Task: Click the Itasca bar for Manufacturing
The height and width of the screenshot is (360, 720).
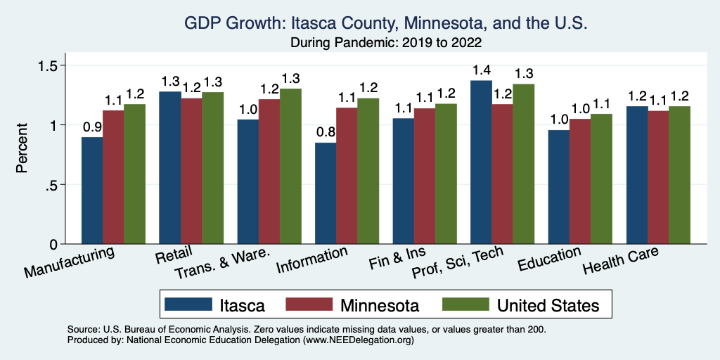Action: pos(92,191)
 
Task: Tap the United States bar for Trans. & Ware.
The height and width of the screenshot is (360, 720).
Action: pos(290,167)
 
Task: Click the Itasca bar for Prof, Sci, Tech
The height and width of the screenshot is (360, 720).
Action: pos(481,162)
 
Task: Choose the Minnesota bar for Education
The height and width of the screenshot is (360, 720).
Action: pos(580,181)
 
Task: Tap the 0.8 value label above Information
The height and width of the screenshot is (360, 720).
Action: pos(326,132)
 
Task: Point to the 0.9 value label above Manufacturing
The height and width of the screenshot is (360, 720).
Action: pos(92,127)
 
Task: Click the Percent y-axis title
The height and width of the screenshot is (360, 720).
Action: pos(22,148)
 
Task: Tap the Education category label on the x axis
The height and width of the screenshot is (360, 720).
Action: pos(549,260)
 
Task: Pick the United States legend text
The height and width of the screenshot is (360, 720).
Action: pos(548,305)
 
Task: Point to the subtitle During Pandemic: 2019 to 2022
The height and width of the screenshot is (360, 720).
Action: pos(386,42)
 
